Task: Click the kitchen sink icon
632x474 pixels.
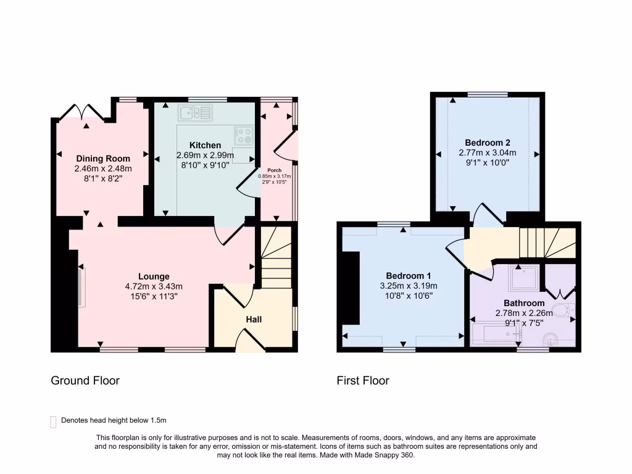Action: point(195,112)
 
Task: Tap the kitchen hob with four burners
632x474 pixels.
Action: point(243,135)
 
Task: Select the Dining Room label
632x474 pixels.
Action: point(103,159)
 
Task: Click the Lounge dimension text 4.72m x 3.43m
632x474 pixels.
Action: point(154,286)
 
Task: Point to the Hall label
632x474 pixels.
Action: point(254,319)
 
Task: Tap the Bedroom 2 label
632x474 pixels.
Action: point(488,142)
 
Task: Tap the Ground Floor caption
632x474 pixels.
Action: point(85,381)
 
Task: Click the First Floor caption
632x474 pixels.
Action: point(363,381)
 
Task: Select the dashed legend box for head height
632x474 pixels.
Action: point(53,422)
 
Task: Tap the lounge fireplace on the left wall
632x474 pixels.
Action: point(80,286)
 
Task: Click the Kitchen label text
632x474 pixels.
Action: point(205,145)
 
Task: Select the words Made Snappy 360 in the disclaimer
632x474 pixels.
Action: point(391,455)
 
